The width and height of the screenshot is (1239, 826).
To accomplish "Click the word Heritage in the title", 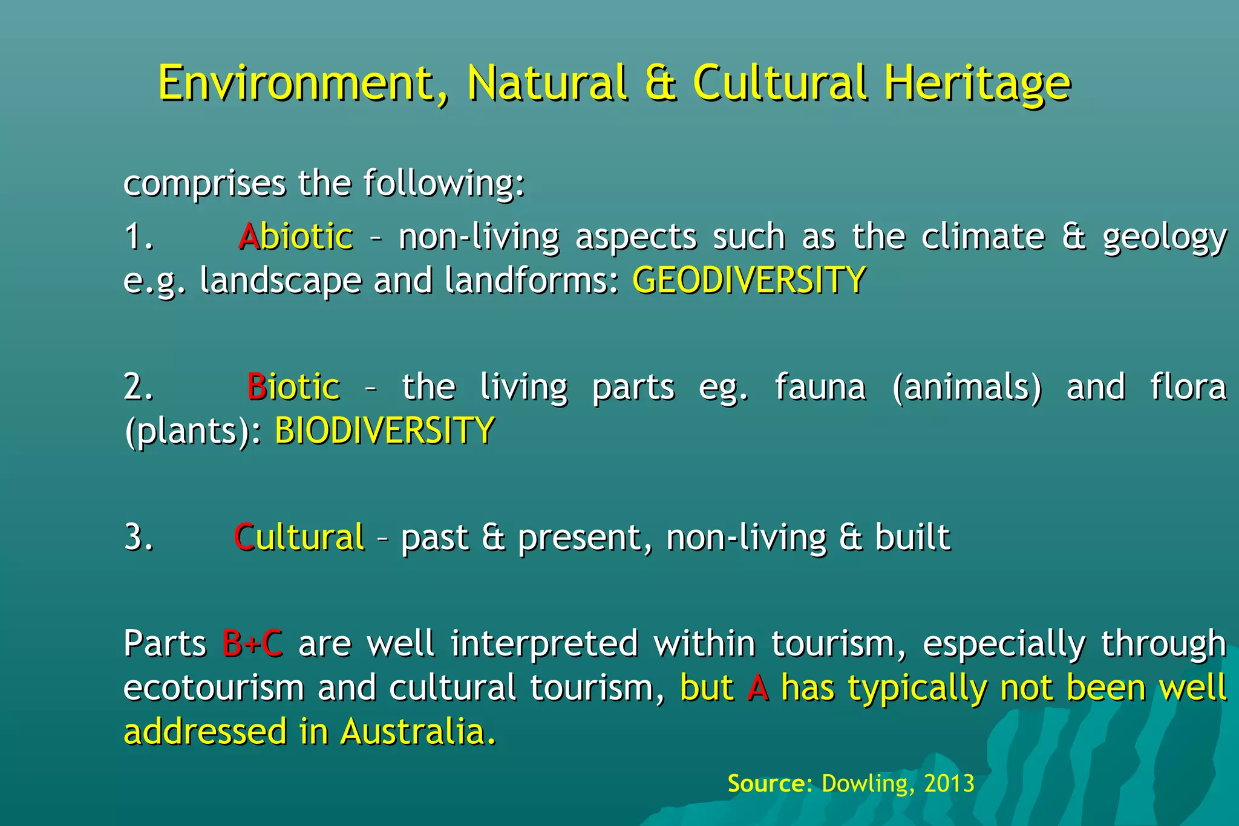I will point(977,83).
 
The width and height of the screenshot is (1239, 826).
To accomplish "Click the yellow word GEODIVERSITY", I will point(749,281).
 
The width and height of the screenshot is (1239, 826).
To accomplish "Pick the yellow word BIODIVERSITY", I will point(385,431).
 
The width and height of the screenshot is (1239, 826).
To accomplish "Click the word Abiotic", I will point(296,236).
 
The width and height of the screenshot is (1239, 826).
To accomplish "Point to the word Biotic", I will point(293,386).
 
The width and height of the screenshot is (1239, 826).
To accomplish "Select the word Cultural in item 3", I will point(299,537).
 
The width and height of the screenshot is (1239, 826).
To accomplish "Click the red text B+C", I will point(252,643).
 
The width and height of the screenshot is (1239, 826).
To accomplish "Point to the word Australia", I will point(417,732).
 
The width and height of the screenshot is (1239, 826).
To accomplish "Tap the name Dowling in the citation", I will point(865,784).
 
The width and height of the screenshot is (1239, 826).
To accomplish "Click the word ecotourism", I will point(214,688).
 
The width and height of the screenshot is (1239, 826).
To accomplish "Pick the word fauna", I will point(820,387).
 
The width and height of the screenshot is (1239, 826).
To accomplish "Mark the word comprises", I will point(204,184).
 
